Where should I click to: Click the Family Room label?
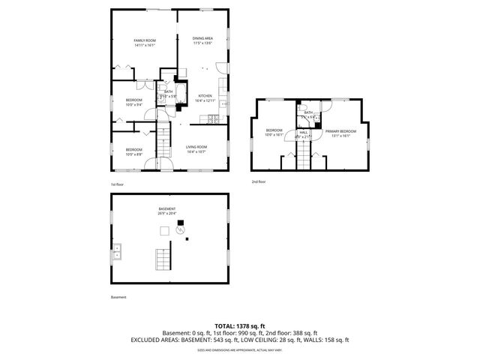[x=144, y=42]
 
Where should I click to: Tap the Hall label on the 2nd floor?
[x=303, y=133]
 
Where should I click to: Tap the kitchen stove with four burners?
[x=213, y=119]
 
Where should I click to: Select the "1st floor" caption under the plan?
[x=117, y=184]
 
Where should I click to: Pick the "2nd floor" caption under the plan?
[x=259, y=181]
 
